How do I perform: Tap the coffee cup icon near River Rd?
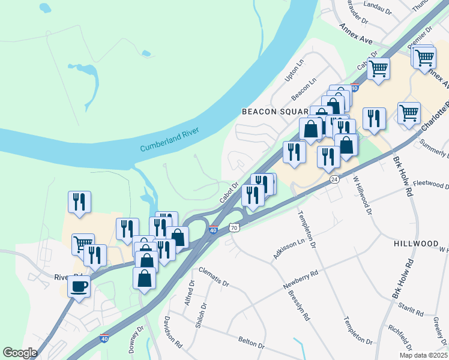pyautogui.click(x=79, y=286)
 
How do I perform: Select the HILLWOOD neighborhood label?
pyautogui.click(x=416, y=244)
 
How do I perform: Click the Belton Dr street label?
pyautogui.click(x=252, y=343)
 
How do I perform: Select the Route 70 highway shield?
pyautogui.click(x=234, y=228)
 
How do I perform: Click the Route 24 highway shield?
pyautogui.click(x=334, y=179)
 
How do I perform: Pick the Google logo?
pyautogui.click(x=20, y=352)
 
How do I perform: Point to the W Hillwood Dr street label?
pyautogui.click(x=363, y=193)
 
